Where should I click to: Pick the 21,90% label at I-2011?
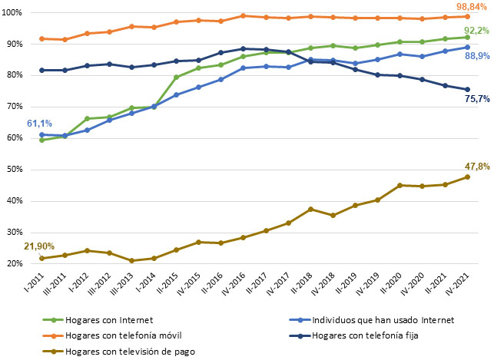click(39, 246)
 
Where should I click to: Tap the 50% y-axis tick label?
click(14, 170)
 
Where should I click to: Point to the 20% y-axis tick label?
click(14, 264)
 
